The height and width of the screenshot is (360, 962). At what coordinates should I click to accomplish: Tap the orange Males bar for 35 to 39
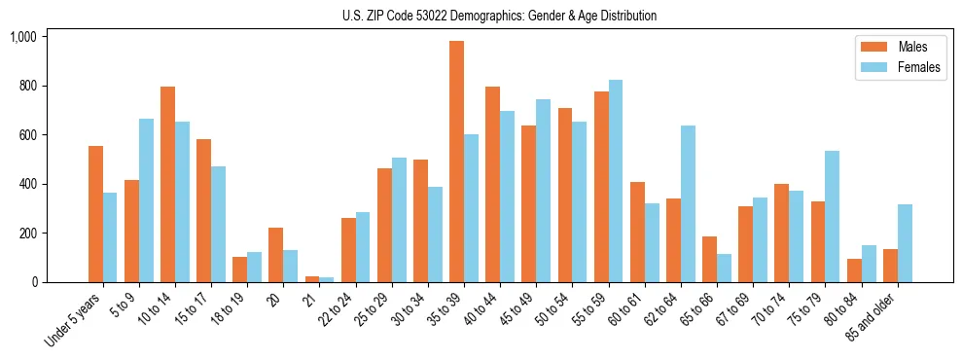coord(456,162)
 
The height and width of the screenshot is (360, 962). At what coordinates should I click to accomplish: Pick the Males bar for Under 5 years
coord(95,214)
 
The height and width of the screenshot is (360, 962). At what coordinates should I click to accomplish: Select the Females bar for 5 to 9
coord(146,200)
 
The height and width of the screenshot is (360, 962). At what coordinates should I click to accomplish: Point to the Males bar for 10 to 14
coord(167,185)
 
